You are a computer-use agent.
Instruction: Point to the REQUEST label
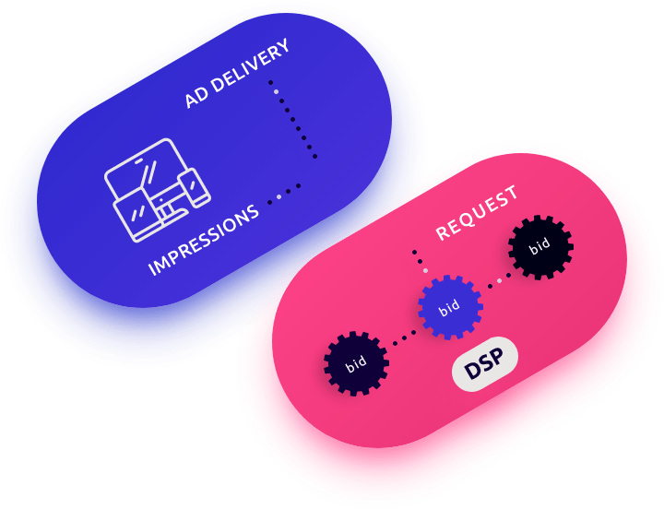(477, 213)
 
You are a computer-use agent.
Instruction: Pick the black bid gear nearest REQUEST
(540, 246)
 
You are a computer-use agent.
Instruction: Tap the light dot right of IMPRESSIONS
(279, 197)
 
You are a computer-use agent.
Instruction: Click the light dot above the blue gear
(425, 271)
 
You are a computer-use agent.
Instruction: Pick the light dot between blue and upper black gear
(499, 278)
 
